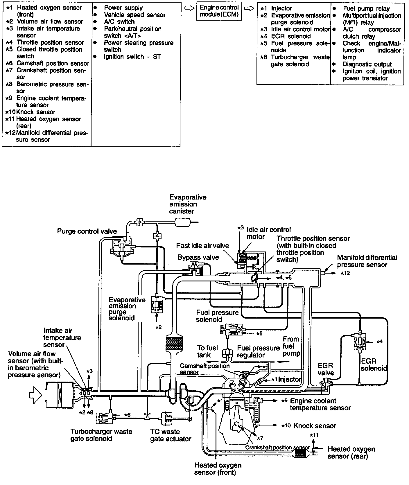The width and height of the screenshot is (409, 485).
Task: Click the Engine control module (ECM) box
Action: click(219, 11)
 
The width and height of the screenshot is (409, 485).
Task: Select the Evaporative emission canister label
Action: click(188, 204)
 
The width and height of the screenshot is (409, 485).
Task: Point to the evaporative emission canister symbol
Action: click(182, 222)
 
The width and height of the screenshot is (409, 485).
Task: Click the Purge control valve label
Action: click(87, 231)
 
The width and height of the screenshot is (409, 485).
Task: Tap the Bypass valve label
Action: click(198, 257)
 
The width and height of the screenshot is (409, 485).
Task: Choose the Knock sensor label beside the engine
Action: click(315, 426)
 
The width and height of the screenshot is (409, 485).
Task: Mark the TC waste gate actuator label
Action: click(171, 435)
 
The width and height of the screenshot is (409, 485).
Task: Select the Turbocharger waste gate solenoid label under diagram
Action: click(101, 435)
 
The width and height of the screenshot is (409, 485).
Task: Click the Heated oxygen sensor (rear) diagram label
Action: click(351, 452)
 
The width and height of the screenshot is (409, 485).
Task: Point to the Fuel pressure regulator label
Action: click(258, 351)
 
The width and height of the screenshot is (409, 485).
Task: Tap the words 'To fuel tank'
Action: click(207, 351)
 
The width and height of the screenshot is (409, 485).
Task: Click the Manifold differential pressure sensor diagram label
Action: click(367, 261)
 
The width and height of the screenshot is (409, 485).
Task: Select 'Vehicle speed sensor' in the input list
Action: click(134, 15)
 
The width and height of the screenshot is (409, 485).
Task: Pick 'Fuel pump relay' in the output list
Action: click(366, 9)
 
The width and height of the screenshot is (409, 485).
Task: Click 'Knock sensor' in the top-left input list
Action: click(36, 112)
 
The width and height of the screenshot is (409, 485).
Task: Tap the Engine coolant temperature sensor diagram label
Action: click(320, 404)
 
